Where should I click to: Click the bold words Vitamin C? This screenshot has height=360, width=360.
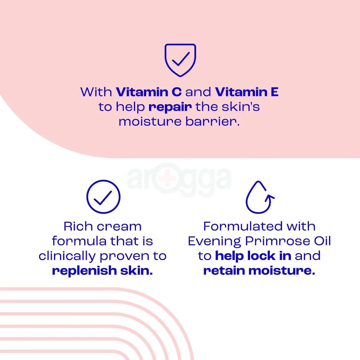click(x=149, y=92)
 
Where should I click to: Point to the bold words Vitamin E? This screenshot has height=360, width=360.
click(x=247, y=92)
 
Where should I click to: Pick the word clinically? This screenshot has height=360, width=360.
click(x=67, y=256)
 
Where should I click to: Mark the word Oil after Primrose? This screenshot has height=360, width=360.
click(x=321, y=241)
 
